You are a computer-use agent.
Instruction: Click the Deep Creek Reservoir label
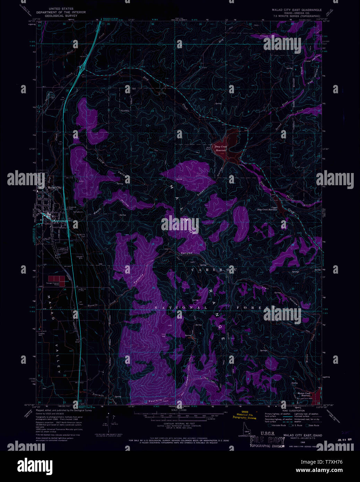coord(221,148)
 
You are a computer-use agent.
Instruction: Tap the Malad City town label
coord(54,188)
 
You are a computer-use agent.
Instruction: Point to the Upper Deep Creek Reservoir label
coord(267,209)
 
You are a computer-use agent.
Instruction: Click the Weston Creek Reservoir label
coord(304,394)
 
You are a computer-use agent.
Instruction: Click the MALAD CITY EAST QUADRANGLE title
coord(297,10)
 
